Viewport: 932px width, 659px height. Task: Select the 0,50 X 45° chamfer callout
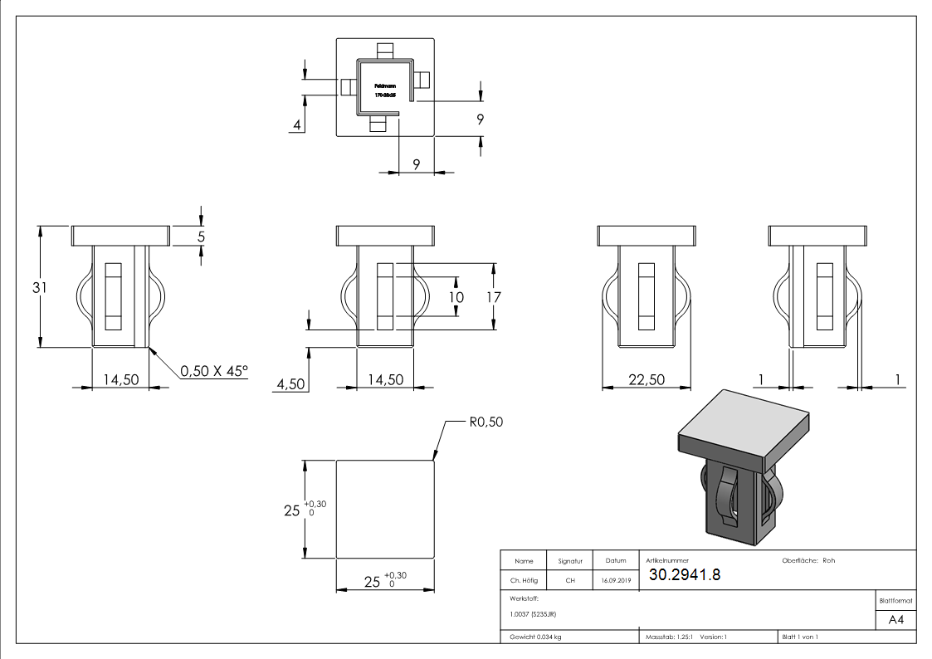214,371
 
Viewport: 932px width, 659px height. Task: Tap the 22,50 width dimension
646,379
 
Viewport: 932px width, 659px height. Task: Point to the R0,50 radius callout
486,422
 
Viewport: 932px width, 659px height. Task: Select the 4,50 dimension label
290,384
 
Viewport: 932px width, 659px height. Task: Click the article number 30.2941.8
684,574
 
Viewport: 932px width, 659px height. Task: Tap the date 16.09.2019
615,580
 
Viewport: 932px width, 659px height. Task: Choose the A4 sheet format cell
895,620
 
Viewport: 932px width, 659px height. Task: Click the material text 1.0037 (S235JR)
534,613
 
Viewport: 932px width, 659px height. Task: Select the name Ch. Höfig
524,580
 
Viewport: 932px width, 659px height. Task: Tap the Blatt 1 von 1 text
799,637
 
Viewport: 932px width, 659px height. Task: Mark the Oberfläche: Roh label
808,560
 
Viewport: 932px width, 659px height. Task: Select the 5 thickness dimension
201,236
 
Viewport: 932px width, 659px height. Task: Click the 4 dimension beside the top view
296,125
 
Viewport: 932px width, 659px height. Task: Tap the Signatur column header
570,561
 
